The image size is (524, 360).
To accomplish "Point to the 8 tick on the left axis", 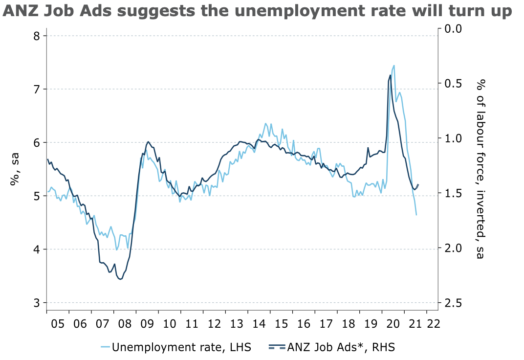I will [x=36, y=36].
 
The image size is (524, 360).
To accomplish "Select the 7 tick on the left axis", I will [x=36, y=89].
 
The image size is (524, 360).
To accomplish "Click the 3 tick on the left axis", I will [x=36, y=303].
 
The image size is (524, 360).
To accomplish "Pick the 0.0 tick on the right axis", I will [x=452, y=29].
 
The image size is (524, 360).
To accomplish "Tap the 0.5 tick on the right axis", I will [x=452, y=84].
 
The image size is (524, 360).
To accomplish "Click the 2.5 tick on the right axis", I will [x=452, y=303].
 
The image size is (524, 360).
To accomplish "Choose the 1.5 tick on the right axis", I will [x=452, y=194].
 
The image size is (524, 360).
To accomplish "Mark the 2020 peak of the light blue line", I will [x=394, y=66].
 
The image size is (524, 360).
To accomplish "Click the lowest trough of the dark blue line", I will [x=120, y=279].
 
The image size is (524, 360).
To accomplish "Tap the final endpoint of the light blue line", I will [x=416, y=215].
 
